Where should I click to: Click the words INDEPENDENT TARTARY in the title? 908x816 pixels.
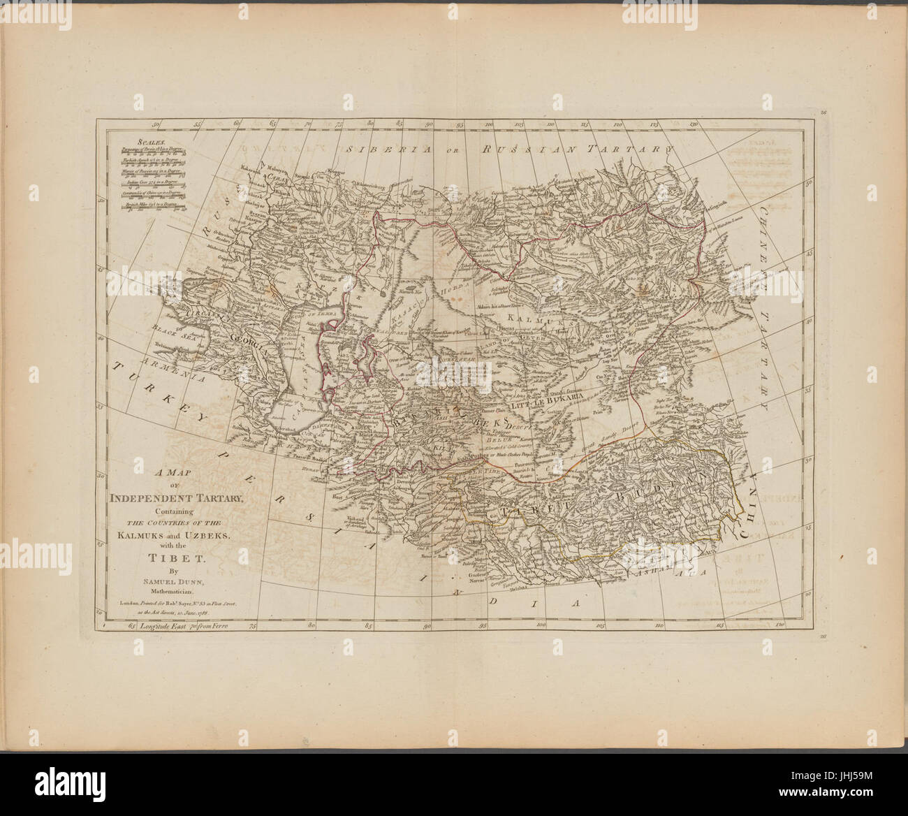point(175,497)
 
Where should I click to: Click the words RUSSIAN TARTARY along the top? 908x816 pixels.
point(579,150)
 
